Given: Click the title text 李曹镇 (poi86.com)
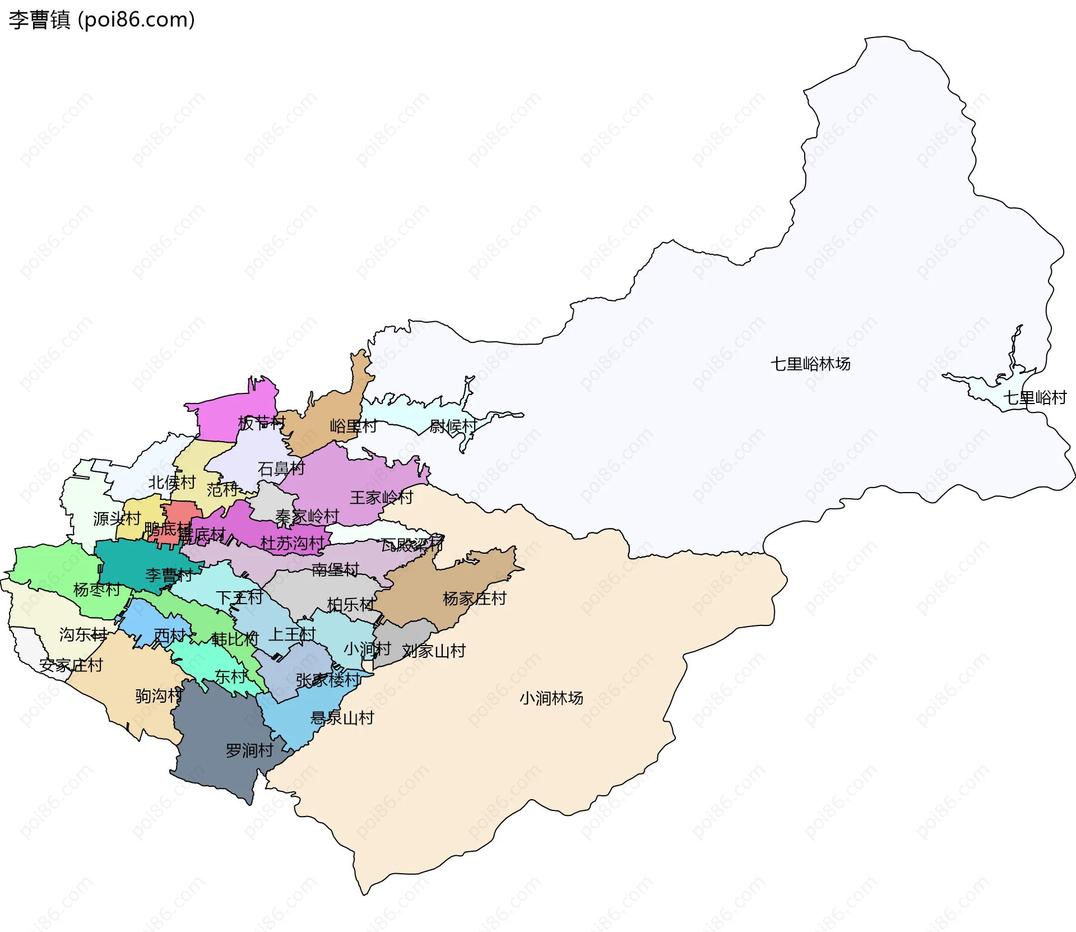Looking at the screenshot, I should (101, 20).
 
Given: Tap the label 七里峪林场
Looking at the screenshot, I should (810, 364).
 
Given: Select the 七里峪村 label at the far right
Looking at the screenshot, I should (1035, 398).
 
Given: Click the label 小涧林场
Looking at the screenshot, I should (551, 698).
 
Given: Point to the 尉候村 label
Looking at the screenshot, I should (453, 426).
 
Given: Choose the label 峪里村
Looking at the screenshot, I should (353, 426).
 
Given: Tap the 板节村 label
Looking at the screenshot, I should (262, 423).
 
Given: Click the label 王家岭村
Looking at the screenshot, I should (381, 498).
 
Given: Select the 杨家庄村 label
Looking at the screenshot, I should (474, 599).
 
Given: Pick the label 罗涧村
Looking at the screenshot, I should (249, 750).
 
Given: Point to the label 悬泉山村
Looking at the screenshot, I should (342, 718).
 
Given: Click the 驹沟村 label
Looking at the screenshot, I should (159, 696).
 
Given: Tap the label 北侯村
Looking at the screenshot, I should (171, 483).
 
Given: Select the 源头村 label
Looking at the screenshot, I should (117, 518).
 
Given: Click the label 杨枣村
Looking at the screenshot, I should (96, 590).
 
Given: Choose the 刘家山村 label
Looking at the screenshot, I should (434, 651).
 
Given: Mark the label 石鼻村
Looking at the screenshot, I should (281, 469).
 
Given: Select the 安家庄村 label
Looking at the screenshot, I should (71, 665).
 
